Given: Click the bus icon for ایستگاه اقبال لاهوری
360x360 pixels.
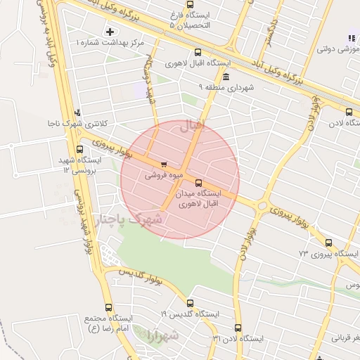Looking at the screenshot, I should pos(198,52).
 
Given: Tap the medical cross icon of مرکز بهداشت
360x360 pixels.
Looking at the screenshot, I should pos(110,32).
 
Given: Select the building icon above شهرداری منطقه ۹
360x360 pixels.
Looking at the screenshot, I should pos(225,77).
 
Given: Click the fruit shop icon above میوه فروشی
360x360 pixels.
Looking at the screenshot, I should pos(165,165).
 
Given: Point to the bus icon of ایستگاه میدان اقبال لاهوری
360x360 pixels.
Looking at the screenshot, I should pos(198,183).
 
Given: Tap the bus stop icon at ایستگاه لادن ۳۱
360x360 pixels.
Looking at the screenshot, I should pos(238,328).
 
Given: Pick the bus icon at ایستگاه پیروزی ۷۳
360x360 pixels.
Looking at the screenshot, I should pos(328,243).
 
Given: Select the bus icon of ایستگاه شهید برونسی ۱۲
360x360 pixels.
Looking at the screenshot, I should pos(79,150).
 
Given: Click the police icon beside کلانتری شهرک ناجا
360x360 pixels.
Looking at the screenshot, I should pos(77,112).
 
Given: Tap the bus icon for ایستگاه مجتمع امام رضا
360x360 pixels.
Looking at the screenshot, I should pos(108,307).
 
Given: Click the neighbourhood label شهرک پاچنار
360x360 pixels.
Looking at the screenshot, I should pos(129,220).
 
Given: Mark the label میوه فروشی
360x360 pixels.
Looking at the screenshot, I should pos(164,175).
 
